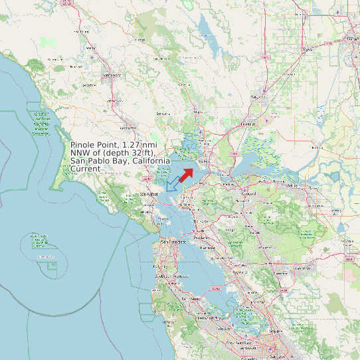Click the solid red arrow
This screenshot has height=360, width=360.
(x=186, y=173)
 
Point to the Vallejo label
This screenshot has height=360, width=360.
(x=203, y=159)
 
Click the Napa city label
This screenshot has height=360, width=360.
(x=197, y=112)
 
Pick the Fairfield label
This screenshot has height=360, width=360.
(x=248, y=124)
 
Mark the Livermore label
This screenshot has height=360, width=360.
(x=303, y=269)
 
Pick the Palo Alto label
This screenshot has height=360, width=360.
(x=219, y=318)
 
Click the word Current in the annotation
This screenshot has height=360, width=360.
(x=86, y=169)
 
